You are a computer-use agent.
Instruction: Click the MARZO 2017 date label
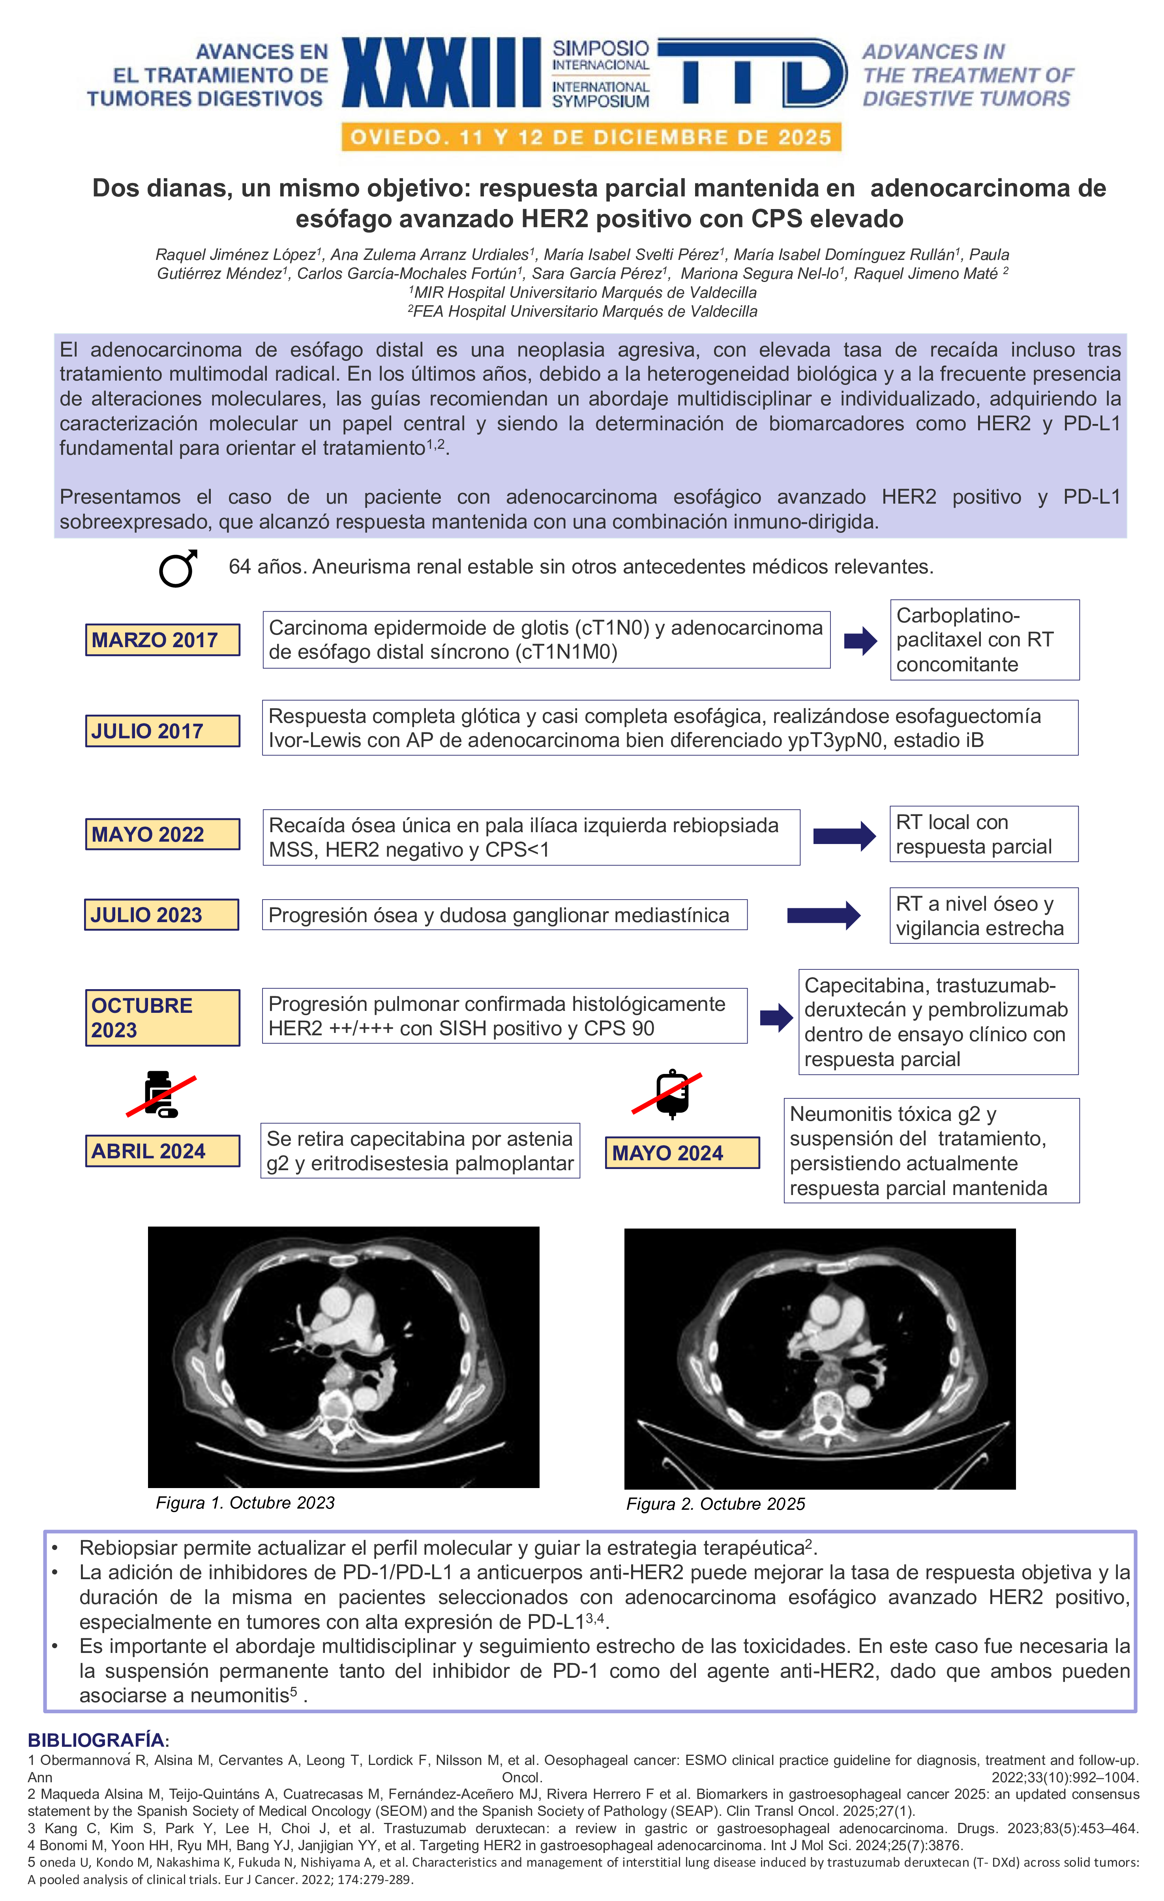pyautogui.click(x=162, y=640)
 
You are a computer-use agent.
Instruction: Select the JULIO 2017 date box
pyautogui.click(x=162, y=730)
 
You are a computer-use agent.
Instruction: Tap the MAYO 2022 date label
pyautogui.click(x=162, y=834)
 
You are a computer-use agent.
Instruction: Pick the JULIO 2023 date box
pyautogui.click(x=161, y=915)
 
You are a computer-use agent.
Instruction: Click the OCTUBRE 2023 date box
pyautogui.click(x=162, y=1018)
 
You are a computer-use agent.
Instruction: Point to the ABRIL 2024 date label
pyautogui.click(x=162, y=1151)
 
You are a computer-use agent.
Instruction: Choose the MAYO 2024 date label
pyautogui.click(x=682, y=1153)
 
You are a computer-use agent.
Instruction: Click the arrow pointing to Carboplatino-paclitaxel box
pyautogui.click(x=860, y=641)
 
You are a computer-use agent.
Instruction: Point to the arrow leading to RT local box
pyautogui.click(x=844, y=836)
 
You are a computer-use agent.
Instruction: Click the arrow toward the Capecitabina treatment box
pyautogui.click(x=776, y=1018)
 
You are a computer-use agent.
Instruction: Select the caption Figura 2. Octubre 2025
pyautogui.click(x=715, y=1504)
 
